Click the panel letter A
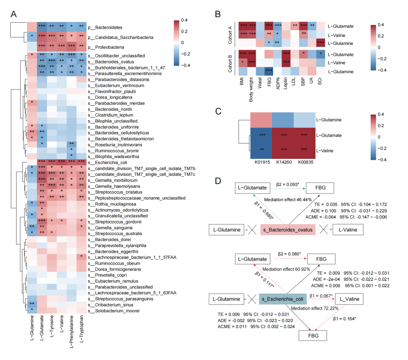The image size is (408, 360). click(x=14, y=15)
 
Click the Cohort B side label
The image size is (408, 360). click(x=230, y=63)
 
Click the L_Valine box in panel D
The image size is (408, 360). click(x=351, y=299)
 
